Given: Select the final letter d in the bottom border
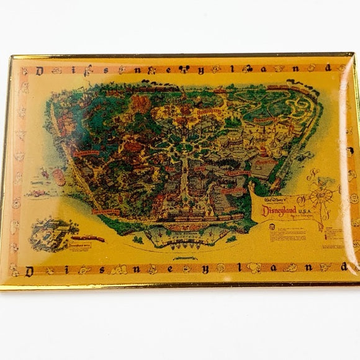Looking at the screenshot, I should pyautogui.click(x=342, y=269).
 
